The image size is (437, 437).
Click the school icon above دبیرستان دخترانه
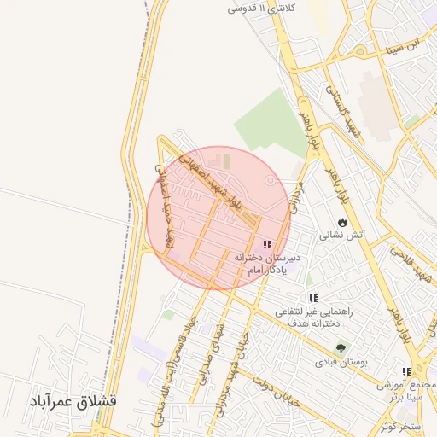tap(267, 244)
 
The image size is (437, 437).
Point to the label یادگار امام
tap(265, 270)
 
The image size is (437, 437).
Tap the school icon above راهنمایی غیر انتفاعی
tap(313, 298)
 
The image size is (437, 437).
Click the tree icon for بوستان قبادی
tap(341, 349)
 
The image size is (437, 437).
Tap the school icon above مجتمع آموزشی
tap(406, 371)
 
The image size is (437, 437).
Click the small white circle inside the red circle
tap(271, 180)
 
